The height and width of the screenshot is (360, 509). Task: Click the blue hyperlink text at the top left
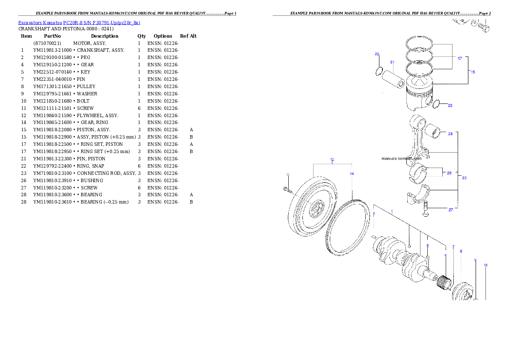[79, 23]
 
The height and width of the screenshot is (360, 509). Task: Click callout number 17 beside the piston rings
[460, 59]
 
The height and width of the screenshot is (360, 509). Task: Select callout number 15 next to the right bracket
[473, 72]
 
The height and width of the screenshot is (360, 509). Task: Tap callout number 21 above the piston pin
[392, 62]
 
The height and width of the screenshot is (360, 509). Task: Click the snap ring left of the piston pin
[379, 71]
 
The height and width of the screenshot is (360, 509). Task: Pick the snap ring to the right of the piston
[437, 104]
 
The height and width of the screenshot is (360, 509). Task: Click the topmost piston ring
[420, 42]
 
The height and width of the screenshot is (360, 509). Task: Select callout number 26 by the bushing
[450, 134]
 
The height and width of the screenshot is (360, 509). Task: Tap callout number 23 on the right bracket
[464, 177]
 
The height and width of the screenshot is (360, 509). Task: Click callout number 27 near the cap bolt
[450, 210]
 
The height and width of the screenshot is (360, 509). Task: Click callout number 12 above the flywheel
[332, 159]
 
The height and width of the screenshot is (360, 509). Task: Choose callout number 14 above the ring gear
[352, 174]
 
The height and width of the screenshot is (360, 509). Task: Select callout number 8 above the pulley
[461, 251]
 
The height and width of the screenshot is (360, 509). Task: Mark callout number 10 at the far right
[485, 265]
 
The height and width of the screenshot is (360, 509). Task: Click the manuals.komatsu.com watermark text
[401, 159]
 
